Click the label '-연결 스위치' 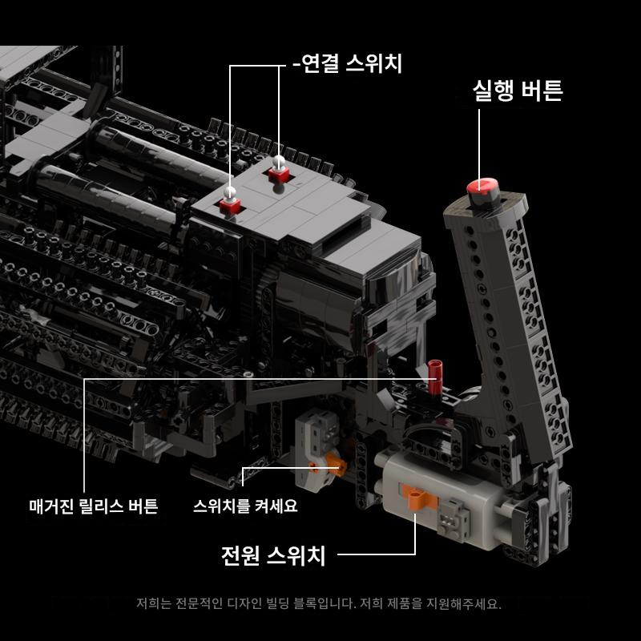348,64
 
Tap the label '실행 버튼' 518,91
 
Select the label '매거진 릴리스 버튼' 94,506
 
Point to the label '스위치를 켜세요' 245,506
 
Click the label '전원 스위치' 273,555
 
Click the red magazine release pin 435,375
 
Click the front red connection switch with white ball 230,202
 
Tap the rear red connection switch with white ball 279,170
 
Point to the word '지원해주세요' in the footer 464,603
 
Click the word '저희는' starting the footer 154,603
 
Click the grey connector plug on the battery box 453,518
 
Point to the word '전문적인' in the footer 199,603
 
